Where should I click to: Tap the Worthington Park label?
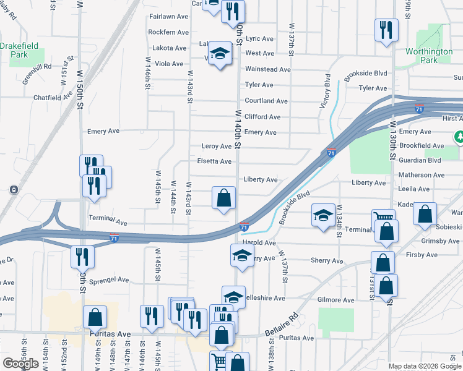429,56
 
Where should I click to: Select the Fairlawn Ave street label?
168,16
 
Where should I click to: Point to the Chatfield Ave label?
54,97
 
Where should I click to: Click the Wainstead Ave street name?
267,69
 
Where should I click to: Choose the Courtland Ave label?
266,101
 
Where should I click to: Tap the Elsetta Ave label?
214,161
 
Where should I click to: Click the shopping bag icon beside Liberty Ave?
224,198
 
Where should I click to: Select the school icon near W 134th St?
322,215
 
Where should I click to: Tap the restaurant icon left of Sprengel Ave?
80,257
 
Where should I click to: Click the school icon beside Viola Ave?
219,54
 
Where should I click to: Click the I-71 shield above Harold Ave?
244,228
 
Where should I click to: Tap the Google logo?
20,364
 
